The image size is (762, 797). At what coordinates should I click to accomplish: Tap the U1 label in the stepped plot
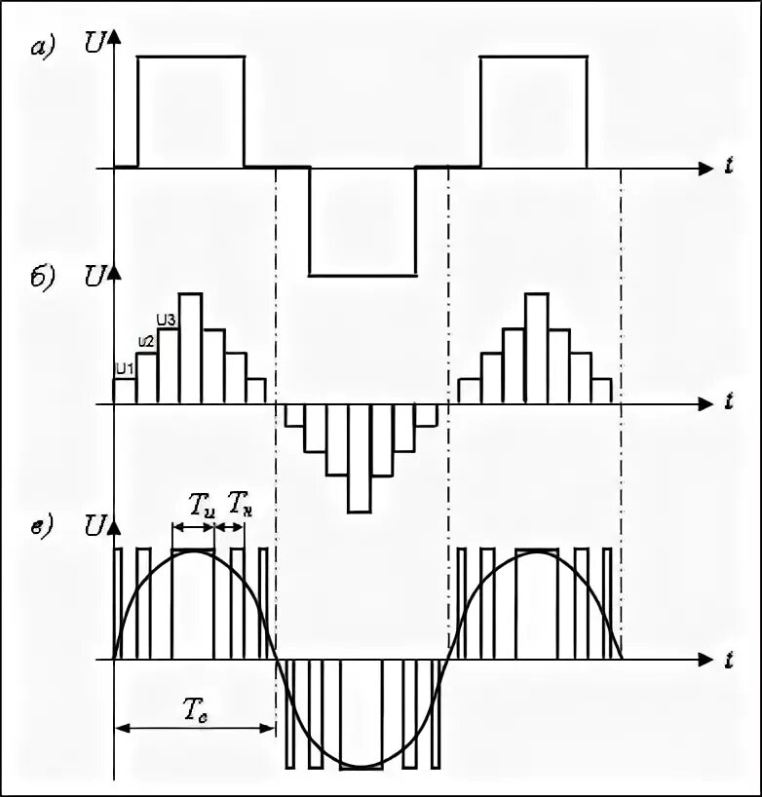124,368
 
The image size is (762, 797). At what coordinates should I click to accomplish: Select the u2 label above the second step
145,341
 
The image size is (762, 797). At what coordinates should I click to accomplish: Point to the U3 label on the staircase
167,319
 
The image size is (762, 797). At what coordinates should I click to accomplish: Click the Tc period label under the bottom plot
196,710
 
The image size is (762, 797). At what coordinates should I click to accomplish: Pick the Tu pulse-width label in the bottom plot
201,505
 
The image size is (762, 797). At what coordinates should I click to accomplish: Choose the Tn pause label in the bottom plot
239,505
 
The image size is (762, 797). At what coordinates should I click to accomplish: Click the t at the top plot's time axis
729,168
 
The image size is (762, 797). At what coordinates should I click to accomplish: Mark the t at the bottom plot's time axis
729,660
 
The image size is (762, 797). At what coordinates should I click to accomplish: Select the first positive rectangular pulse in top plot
191,111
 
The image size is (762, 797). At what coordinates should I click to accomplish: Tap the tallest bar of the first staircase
190,348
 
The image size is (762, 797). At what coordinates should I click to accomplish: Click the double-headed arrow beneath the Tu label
193,527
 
